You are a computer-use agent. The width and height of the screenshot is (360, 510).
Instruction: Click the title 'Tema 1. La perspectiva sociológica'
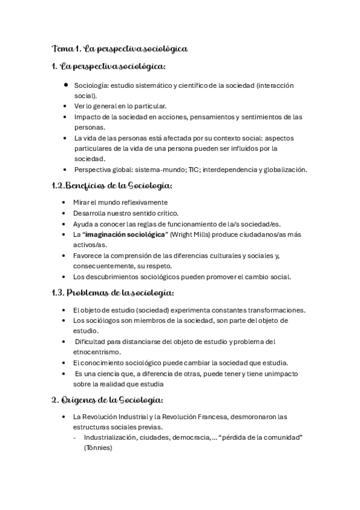click(x=120, y=48)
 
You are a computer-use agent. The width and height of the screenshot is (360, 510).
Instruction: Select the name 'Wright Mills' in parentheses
click(x=188, y=233)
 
